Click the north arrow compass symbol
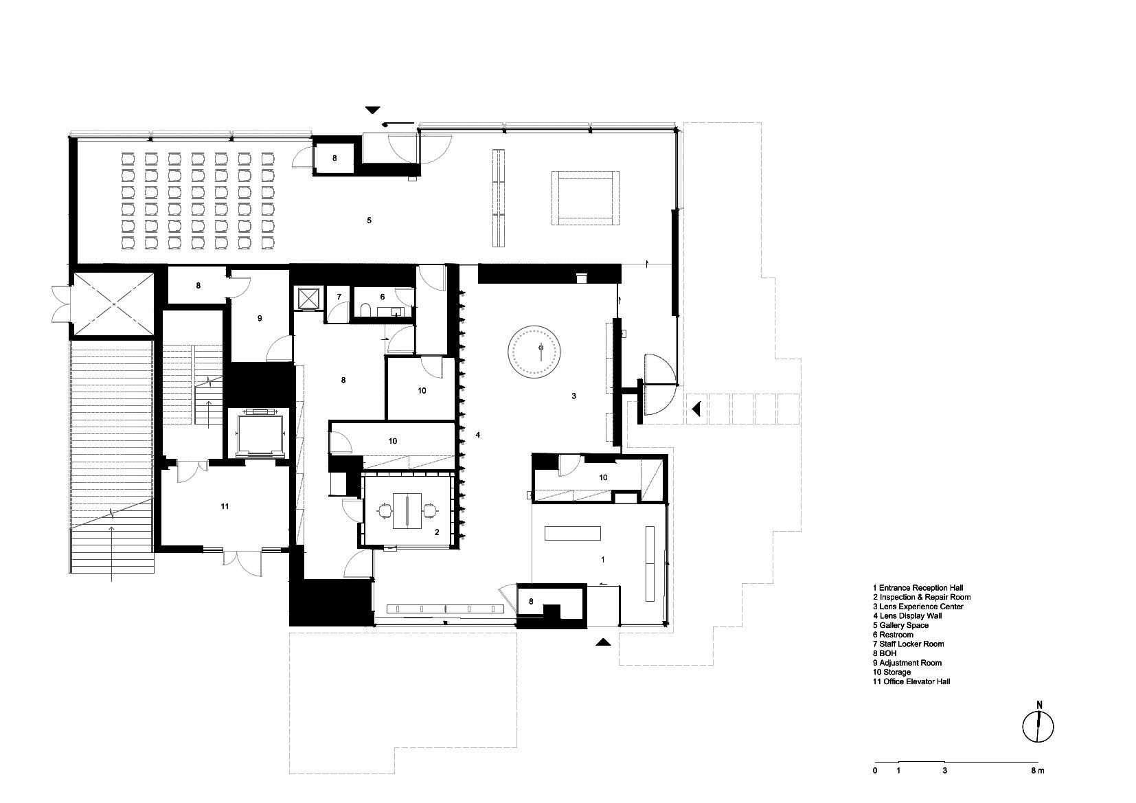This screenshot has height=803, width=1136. coord(1038,726)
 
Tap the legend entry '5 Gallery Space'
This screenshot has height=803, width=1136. coord(900,626)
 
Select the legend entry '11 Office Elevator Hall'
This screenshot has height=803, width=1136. coord(911,682)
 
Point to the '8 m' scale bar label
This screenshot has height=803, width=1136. coord(1038,771)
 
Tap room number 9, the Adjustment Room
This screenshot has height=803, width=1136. coord(260,319)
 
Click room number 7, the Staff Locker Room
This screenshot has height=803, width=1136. coord(339,297)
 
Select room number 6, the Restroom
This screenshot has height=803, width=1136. coord(383,297)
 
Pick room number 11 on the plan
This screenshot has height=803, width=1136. coord(225,506)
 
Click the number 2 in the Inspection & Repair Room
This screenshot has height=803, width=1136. coord(437,532)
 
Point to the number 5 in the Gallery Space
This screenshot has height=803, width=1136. coord(370,220)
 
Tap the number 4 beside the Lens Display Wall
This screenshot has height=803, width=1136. coord(478,435)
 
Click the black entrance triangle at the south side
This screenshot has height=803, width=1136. coord(603,642)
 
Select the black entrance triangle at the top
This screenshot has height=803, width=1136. coord(373,110)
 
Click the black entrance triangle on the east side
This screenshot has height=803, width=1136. coord(697,408)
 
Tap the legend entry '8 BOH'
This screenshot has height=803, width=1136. coord(885,653)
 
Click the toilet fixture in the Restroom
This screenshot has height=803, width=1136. coord(366,309)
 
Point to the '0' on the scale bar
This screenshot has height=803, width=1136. coord(875,771)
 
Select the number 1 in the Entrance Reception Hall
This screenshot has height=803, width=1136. coord(602,560)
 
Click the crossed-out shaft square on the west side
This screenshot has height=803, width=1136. coord(114,304)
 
